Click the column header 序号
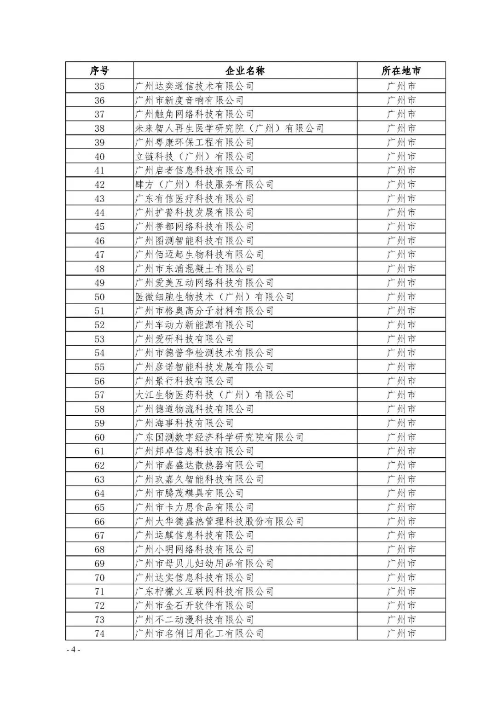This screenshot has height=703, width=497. [99, 71]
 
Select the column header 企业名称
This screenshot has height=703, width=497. [245, 71]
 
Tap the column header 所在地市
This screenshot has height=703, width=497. [401, 71]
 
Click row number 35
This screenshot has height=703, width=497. [99, 86]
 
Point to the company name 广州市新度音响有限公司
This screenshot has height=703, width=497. [189, 100]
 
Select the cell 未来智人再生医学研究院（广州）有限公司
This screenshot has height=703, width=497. [229, 128]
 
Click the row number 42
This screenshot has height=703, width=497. [99, 185]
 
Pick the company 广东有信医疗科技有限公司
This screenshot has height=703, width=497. [194, 198]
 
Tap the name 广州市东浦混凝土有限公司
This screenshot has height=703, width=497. [194, 268]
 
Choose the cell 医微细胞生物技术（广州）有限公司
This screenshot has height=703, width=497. [214, 297]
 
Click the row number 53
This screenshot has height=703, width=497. [99, 339]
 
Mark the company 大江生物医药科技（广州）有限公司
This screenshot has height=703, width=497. [214, 395]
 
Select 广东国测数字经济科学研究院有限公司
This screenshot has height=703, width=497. [219, 437]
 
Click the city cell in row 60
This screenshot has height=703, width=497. [401, 437]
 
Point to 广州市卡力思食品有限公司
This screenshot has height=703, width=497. [194, 507]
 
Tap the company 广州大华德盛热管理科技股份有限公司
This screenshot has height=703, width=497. [219, 521]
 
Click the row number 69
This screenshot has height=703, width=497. [99, 564]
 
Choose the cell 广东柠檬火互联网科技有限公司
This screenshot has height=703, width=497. [204, 592]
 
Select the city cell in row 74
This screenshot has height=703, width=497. [401, 633]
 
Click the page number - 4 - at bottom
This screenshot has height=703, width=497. [73, 650]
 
